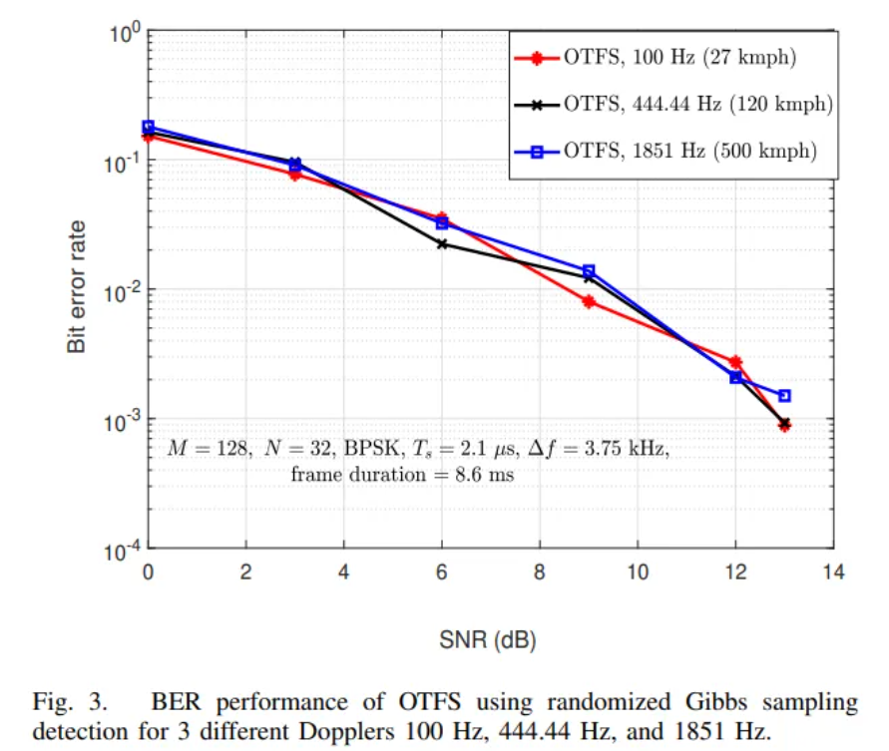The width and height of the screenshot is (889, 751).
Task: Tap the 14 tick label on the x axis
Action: click(833, 572)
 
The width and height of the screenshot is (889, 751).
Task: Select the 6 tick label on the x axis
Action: click(442, 572)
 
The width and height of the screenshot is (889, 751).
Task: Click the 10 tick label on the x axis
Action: click(637, 572)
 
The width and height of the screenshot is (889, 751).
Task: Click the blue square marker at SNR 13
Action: click(784, 396)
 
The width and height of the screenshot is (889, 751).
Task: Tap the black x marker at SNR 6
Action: click(442, 243)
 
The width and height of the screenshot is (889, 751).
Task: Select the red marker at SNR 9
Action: click(589, 301)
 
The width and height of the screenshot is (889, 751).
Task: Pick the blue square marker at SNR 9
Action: click(589, 270)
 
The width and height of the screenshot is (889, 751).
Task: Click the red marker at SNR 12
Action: click(735, 362)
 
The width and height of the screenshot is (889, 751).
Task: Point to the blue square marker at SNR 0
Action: click(149, 127)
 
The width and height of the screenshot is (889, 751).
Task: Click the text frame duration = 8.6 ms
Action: click(402, 475)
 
